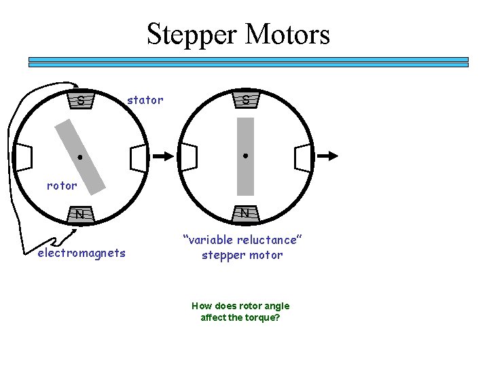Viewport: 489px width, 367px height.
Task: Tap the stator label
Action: [x=145, y=101]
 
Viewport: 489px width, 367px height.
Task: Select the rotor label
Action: [x=62, y=185]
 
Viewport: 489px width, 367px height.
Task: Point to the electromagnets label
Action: [x=81, y=254]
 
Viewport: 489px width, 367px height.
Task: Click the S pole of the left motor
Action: [x=81, y=101]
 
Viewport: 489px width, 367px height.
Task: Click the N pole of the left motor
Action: [x=80, y=214]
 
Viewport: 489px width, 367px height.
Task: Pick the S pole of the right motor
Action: [x=245, y=100]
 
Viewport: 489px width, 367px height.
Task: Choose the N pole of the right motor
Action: [x=244, y=213]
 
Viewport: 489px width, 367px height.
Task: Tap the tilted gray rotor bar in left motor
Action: [x=86, y=157]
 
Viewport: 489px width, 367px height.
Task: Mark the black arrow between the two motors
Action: [x=163, y=156]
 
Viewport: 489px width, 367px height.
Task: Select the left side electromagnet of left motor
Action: [x=24, y=157]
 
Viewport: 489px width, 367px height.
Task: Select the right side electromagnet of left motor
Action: [x=138, y=158]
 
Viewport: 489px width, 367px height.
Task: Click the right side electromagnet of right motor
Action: [x=303, y=157]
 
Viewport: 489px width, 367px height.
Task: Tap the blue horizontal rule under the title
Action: [x=248, y=62]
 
